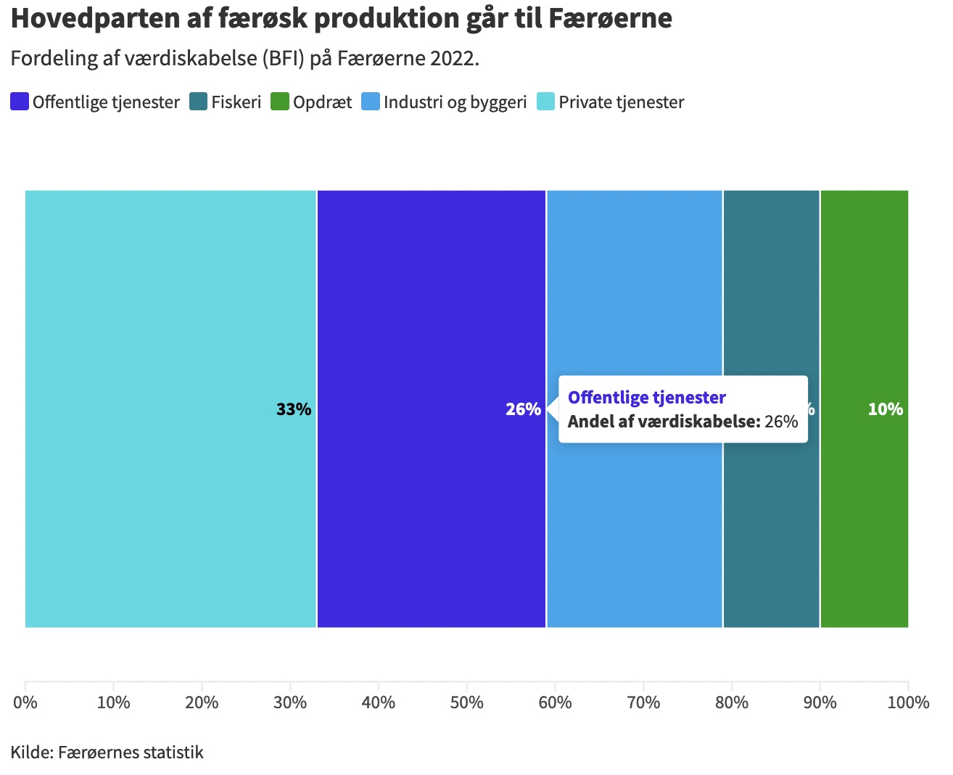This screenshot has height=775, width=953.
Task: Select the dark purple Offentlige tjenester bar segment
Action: (431, 290)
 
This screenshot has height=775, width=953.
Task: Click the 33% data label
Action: (294, 409)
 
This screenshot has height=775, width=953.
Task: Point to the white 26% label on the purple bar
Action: (523, 409)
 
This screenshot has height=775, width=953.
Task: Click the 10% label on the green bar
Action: (885, 409)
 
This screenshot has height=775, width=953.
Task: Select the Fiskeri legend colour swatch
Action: (199, 102)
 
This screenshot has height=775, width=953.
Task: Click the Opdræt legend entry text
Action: (322, 102)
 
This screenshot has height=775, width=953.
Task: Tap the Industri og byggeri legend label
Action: (455, 102)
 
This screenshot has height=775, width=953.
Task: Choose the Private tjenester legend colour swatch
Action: (546, 102)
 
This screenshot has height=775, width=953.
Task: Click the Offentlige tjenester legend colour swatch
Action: (20, 102)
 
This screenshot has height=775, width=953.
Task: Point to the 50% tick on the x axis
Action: (466, 702)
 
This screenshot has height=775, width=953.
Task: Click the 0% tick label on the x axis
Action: (25, 702)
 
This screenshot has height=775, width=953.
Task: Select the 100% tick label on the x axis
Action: (908, 702)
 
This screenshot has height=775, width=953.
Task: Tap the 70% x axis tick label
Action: (643, 702)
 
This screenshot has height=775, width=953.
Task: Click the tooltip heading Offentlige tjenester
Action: (646, 398)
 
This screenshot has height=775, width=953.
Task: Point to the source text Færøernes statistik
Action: (131, 752)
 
